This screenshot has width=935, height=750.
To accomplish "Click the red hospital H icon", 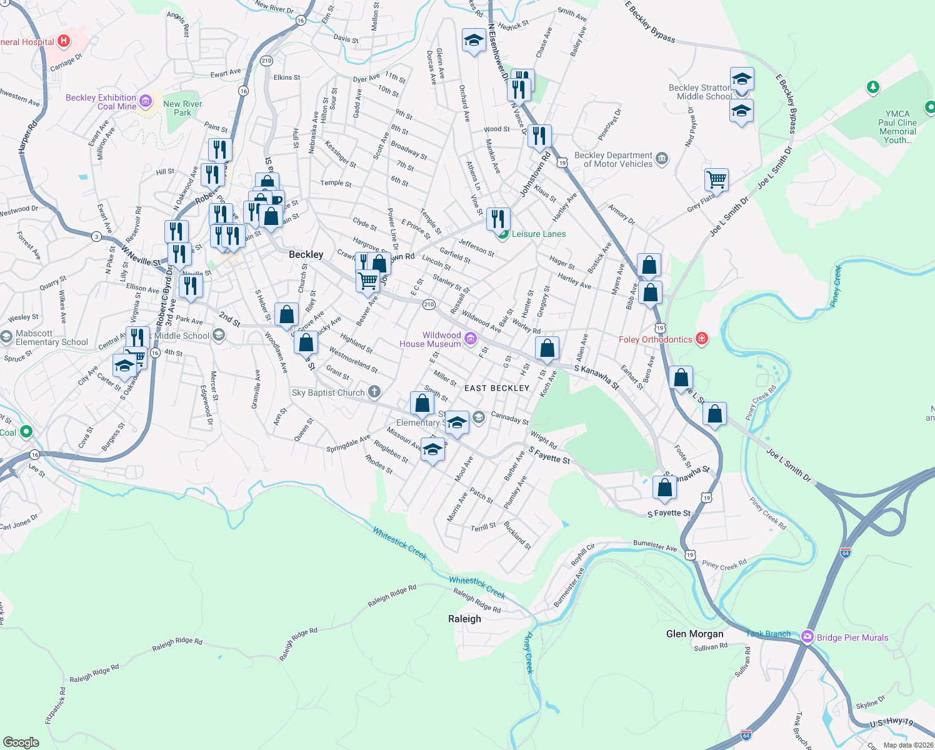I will (x=63, y=41).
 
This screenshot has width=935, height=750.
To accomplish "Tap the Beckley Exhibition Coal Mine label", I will (x=101, y=102).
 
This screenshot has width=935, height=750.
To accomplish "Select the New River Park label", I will (x=182, y=108).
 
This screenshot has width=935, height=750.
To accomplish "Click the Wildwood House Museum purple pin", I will (x=471, y=339).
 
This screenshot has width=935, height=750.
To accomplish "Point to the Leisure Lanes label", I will (x=538, y=234).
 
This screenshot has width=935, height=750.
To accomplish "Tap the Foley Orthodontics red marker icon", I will (x=702, y=339).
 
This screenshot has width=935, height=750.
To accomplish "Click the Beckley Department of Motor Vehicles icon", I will (x=662, y=159).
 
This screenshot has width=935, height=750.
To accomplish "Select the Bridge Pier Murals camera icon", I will (x=807, y=637).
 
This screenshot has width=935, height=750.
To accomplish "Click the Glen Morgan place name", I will (x=694, y=634).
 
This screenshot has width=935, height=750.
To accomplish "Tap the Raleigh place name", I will (x=464, y=619).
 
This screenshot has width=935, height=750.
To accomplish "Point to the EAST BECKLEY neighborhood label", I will (x=497, y=388).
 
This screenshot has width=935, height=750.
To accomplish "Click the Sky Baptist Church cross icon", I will (x=374, y=392).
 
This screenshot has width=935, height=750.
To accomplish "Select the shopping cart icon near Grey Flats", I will (x=716, y=180).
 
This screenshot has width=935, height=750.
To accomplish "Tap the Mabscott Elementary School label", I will (x=52, y=337).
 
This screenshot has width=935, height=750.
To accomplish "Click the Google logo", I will (x=21, y=742).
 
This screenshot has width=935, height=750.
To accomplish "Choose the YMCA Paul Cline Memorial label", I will (x=897, y=127).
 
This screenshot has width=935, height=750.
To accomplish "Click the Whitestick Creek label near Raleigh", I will (x=477, y=586).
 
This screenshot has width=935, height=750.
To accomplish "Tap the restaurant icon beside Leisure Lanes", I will (x=498, y=219).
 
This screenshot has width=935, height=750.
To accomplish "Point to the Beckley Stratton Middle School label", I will (x=701, y=92).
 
